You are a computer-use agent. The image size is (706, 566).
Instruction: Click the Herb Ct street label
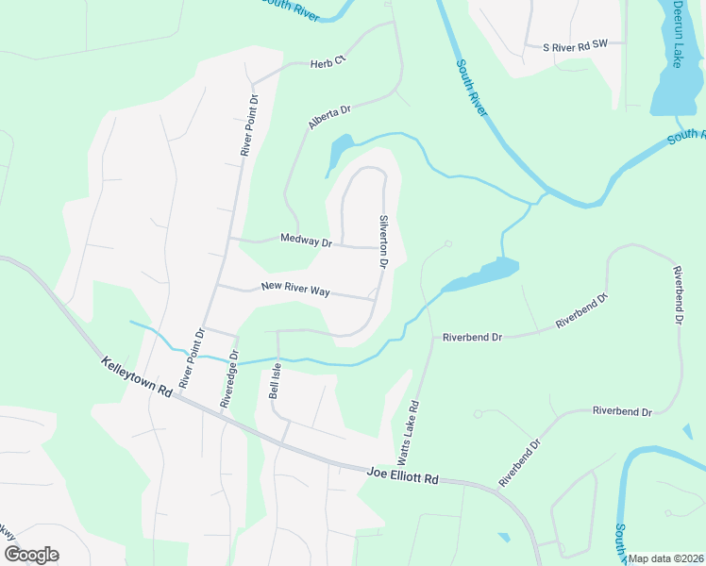click(x=328, y=63)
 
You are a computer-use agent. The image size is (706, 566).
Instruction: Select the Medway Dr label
click(x=307, y=241)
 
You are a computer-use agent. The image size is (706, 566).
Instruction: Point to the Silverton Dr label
click(x=385, y=241)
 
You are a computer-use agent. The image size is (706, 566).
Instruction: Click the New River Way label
click(x=295, y=289)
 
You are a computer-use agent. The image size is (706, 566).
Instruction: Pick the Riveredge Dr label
click(x=227, y=386)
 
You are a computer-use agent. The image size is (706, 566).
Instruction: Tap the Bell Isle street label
click(x=276, y=383)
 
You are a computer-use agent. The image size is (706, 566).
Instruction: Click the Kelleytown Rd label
click(x=138, y=376)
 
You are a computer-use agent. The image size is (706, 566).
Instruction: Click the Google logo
click(x=31, y=554)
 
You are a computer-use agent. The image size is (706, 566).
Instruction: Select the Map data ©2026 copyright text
click(x=665, y=558)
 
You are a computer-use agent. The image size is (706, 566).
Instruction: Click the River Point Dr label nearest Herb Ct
click(x=249, y=125)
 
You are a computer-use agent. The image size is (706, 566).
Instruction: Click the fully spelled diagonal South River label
click(x=471, y=89)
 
